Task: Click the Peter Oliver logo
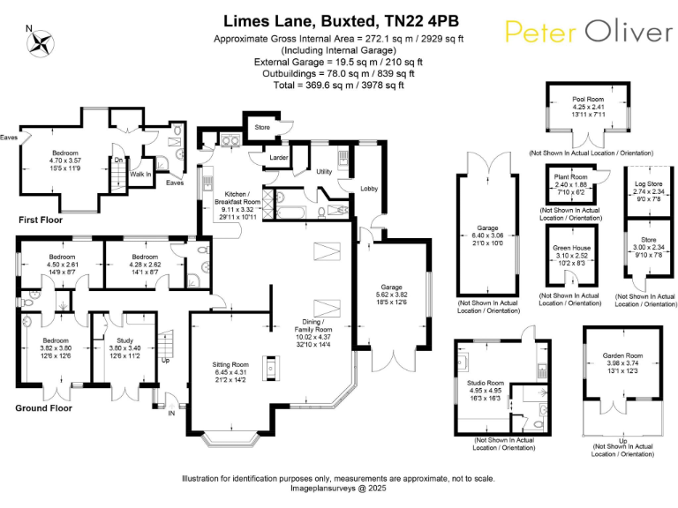[x=589, y=32]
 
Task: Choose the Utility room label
[x=324, y=172]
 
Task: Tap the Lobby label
[x=369, y=188]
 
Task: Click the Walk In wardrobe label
[x=140, y=175]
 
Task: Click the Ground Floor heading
[x=44, y=407]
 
